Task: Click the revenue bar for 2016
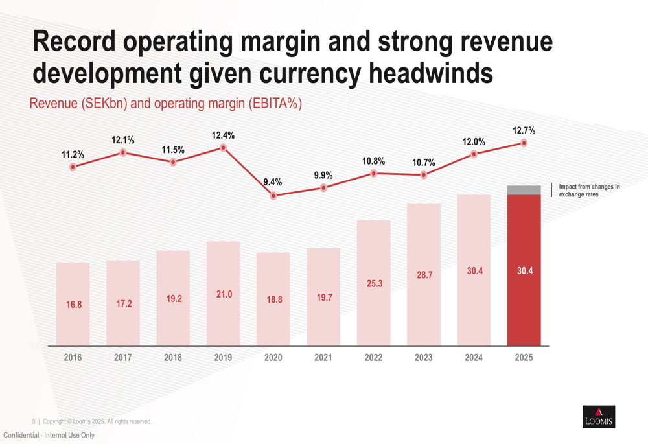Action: tap(73, 304)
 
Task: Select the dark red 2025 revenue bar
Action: tap(524, 270)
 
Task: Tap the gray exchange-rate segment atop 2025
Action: tap(524, 190)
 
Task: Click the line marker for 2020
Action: tap(273, 196)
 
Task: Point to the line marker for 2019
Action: tap(223, 148)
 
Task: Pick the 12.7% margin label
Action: tap(524, 131)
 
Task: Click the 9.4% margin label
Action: tap(273, 182)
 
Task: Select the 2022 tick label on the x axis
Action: tap(374, 358)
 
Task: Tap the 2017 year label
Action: tap(122, 358)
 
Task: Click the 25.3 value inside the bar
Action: tap(375, 284)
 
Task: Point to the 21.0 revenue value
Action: tap(224, 294)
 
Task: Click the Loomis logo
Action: tap(599, 417)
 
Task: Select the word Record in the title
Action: tap(75, 41)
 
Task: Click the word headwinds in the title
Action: tap(431, 73)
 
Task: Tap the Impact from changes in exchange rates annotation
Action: tap(589, 191)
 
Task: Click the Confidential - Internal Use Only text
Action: tap(49, 435)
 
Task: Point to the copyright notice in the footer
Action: tap(97, 421)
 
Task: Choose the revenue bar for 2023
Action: tap(424, 275)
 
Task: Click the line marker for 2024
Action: tap(474, 154)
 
